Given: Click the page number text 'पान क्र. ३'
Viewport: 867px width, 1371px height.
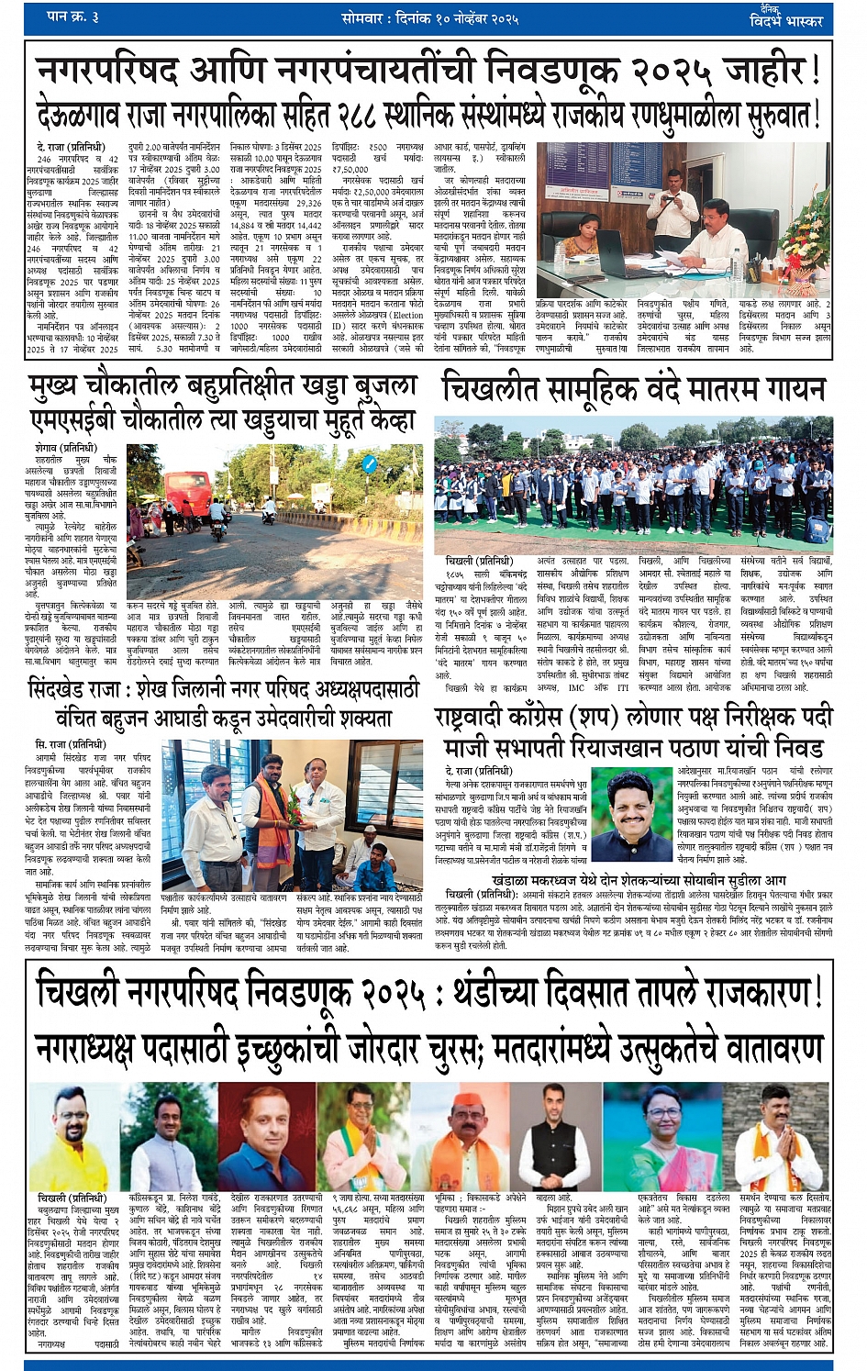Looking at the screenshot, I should (x=73, y=17).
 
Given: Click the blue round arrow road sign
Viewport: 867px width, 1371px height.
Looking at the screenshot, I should (x=368, y=464).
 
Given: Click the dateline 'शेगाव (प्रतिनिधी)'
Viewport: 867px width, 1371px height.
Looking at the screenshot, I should (x=70, y=448).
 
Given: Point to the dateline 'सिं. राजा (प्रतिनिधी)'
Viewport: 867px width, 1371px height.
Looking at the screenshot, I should (x=70, y=744).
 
